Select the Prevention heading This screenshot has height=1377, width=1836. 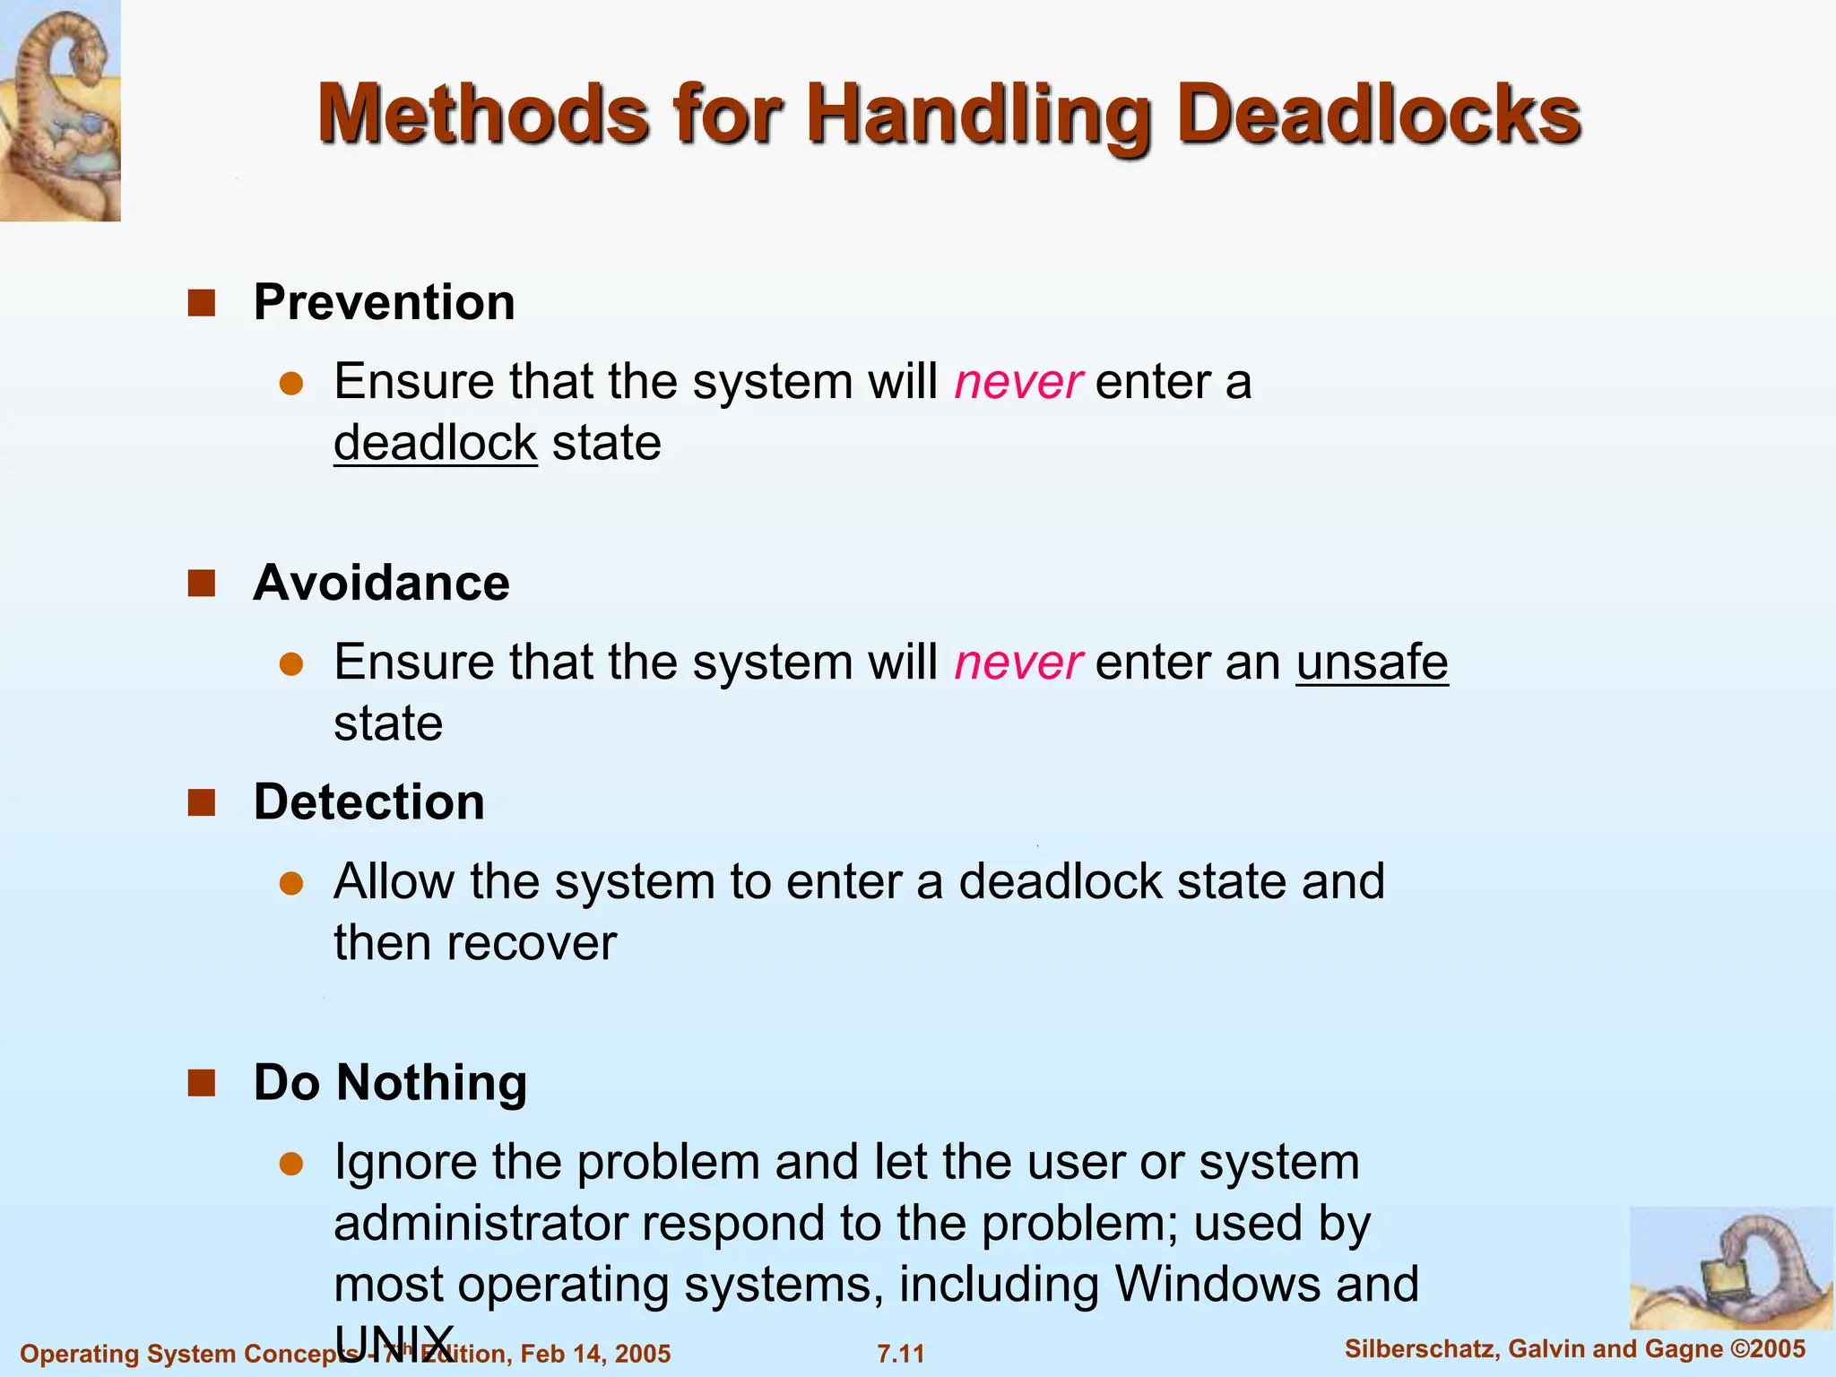point(384,302)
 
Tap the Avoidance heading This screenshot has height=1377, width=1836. point(381,583)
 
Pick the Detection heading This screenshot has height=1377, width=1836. point(368,801)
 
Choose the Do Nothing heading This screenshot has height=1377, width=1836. point(390,1082)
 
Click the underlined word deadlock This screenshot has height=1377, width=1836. point(435,443)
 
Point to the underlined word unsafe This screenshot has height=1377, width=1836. point(1372,663)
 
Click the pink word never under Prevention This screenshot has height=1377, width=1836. point(1018,382)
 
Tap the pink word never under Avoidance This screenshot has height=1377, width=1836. point(1018,663)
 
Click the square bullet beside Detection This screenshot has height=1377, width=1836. point(202,802)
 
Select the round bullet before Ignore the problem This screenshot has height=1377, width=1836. point(291,1164)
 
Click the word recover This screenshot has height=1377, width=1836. point(532,943)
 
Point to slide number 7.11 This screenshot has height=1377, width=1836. point(900,1354)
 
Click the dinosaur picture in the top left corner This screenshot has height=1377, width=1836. point(60,109)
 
